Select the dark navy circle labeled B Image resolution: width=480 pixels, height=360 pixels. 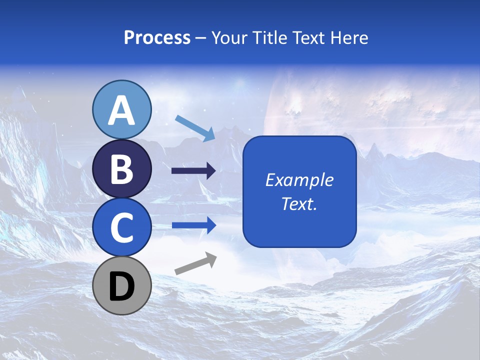(122, 169)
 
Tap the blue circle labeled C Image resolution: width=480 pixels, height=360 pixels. (122, 227)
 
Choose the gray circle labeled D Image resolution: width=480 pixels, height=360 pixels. (122, 285)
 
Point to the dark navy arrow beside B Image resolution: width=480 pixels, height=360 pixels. (194, 171)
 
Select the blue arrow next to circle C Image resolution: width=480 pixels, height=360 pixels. (194, 225)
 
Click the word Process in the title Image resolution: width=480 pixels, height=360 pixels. (157, 38)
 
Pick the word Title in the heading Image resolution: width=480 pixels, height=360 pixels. (269, 38)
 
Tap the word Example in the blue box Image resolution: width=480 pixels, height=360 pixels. (299, 180)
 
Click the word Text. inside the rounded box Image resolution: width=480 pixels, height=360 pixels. (299, 203)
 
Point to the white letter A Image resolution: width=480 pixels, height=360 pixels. (122, 110)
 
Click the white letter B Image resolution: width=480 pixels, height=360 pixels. (122, 169)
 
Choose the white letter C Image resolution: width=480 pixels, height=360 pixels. (122, 227)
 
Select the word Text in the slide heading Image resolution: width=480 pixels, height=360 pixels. (306, 38)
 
